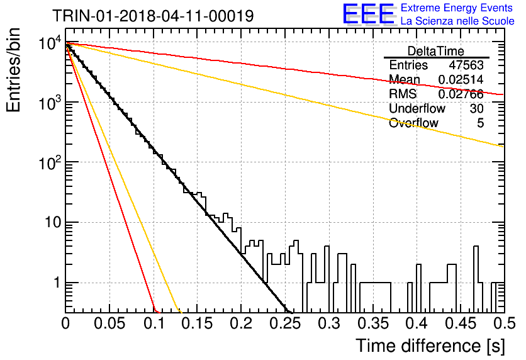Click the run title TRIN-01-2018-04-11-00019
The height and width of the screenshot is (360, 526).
pos(153,16)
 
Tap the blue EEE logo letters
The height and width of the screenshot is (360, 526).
pos(368,14)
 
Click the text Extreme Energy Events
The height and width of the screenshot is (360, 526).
pos(457,8)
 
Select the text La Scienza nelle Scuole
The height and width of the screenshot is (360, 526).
pos(457,21)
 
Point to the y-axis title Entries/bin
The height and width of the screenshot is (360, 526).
pos(14,70)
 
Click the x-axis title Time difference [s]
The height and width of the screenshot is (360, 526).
pos(430,346)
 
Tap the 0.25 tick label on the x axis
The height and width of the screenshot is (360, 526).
pos(286,323)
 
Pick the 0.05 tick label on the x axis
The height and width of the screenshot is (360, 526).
pos(109,323)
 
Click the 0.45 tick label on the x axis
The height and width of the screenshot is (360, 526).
pos(461,323)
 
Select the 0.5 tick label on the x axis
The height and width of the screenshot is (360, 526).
pos(505,323)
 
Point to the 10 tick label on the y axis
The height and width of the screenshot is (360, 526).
pos(53,222)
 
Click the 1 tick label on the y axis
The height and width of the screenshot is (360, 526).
pos(57,283)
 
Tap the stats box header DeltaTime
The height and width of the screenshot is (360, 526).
pos(436,51)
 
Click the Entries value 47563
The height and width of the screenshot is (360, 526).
pos(466,65)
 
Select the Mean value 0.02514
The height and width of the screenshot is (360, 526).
pos(461,79)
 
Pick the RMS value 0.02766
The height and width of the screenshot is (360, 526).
pos(461,94)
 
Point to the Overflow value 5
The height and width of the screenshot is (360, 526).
pos(480,123)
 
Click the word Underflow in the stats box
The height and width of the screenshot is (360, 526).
pos(417,108)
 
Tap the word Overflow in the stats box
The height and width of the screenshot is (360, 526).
pos(413,123)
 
